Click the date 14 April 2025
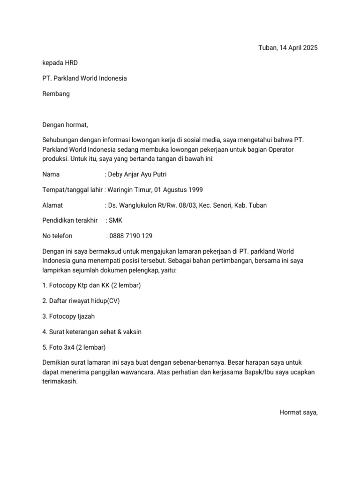pyautogui.click(x=298, y=48)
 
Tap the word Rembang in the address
pyautogui.click(x=56, y=94)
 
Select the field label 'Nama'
pyautogui.click(x=51, y=174)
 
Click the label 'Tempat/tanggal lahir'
pyautogui.click(x=72, y=190)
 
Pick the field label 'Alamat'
pyautogui.click(x=52, y=205)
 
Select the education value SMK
pyautogui.click(x=115, y=220)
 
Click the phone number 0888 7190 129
pyautogui.click(x=130, y=236)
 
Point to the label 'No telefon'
pyautogui.click(x=57, y=236)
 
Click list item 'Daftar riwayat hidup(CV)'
pyautogui.click(x=81, y=301)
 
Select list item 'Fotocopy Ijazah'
pyautogui.click(x=68, y=316)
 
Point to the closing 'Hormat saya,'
pyautogui.click(x=299, y=412)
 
